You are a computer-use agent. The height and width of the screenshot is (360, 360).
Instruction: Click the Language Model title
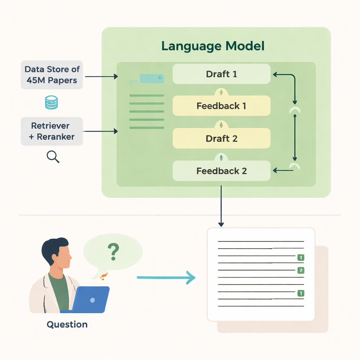[x=213, y=46]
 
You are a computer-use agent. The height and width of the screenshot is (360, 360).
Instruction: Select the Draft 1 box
[x=221, y=74]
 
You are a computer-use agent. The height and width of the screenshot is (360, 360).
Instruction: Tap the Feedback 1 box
[x=221, y=106]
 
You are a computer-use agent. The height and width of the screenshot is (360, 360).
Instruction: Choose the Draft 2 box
[x=221, y=139]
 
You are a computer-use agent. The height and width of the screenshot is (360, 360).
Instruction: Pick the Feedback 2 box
[x=221, y=171]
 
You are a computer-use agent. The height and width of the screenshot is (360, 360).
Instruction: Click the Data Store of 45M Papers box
[x=52, y=75]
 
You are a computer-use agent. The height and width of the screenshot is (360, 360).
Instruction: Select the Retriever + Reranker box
[x=52, y=131]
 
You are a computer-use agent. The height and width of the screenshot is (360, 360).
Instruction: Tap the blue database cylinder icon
[x=52, y=103]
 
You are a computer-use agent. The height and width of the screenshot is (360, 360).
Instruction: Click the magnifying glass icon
[x=53, y=157]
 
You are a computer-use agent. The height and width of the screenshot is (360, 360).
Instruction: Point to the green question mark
[x=113, y=251]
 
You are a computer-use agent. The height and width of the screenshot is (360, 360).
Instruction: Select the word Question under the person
[x=67, y=324]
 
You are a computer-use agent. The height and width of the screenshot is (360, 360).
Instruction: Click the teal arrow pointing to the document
[x=165, y=278]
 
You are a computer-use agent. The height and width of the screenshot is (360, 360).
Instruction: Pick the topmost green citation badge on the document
[x=301, y=258]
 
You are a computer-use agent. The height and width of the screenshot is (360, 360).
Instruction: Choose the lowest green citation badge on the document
[x=301, y=293]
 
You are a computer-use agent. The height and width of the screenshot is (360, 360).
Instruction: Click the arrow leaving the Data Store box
[x=101, y=76]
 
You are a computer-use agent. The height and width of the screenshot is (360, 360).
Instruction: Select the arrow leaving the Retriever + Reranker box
[x=101, y=131]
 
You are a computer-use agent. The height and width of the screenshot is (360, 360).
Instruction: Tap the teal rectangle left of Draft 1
[x=152, y=78]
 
